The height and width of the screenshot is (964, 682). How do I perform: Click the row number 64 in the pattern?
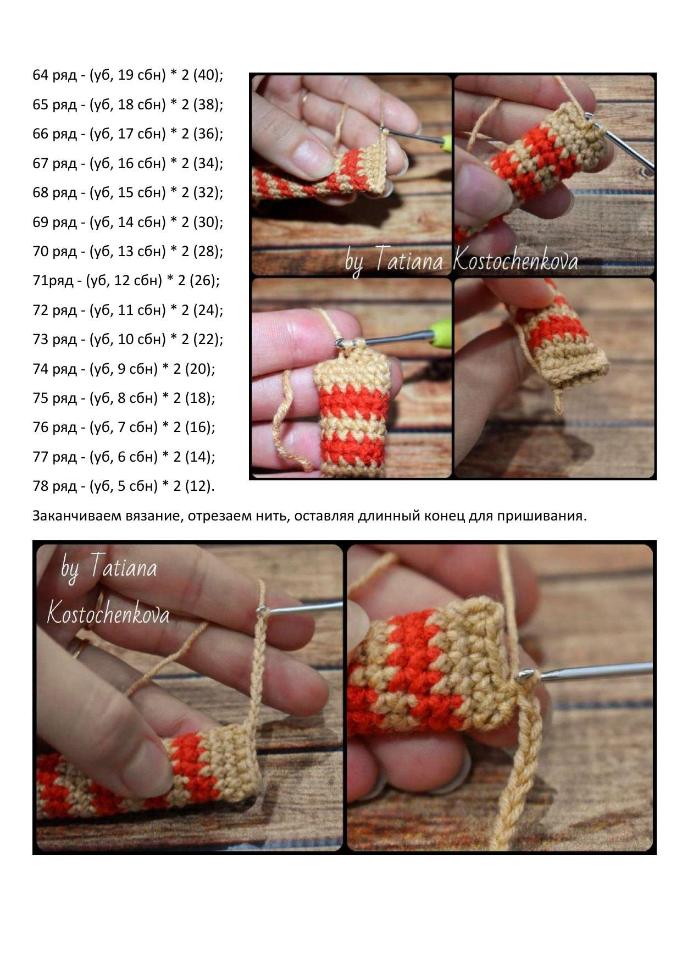point(41,75)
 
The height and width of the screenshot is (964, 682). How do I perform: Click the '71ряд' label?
point(53,281)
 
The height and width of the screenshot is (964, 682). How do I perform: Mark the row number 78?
point(41,486)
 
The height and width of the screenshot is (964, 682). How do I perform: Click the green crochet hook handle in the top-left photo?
point(447,143)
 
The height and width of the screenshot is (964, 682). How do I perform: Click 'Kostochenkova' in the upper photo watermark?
point(515,261)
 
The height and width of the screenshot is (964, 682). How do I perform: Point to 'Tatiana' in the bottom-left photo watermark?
point(123,566)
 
